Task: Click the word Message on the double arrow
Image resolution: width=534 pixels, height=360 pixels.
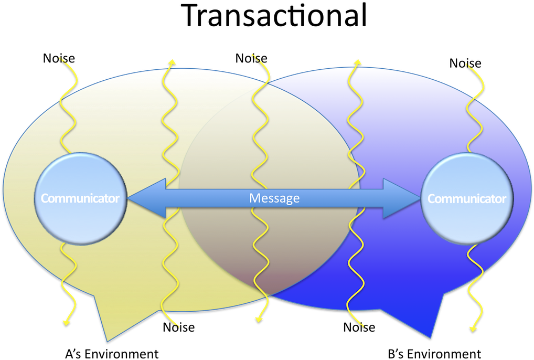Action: (x=274, y=198)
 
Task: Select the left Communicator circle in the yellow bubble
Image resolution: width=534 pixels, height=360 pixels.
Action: (x=80, y=198)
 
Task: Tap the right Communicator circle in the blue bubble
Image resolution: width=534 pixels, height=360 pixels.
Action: (x=467, y=198)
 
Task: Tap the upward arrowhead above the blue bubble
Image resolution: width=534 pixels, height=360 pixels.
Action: (x=358, y=61)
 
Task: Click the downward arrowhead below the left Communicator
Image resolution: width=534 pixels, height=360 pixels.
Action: (x=66, y=322)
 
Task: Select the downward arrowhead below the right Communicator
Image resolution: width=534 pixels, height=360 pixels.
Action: (x=473, y=328)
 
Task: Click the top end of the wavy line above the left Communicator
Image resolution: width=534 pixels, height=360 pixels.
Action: (x=61, y=57)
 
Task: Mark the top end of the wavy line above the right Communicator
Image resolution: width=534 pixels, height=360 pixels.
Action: (x=467, y=65)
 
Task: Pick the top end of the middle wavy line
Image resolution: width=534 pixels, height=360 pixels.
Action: (x=253, y=54)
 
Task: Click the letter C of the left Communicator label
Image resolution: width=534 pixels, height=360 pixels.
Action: (x=44, y=199)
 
